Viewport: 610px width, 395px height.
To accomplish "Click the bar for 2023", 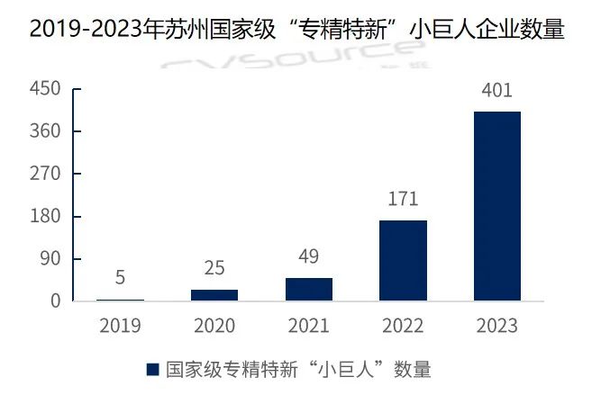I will pyautogui.click(x=496, y=206).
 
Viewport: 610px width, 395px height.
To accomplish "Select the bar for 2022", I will pyautogui.click(x=403, y=260).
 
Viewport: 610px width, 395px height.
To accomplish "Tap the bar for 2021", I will pyautogui.click(x=308, y=289).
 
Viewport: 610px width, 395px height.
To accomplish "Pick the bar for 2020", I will pyautogui.click(x=214, y=294).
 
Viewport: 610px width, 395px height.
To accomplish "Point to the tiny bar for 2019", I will pyautogui.click(x=120, y=299).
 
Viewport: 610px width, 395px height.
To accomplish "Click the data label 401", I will pyautogui.click(x=496, y=90).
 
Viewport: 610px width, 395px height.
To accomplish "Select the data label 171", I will pyautogui.click(x=403, y=199).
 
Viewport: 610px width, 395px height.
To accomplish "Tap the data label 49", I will pyautogui.click(x=308, y=256).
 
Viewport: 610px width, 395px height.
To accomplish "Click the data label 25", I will pyautogui.click(x=214, y=268).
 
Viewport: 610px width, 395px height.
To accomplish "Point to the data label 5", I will pyautogui.click(x=120, y=277).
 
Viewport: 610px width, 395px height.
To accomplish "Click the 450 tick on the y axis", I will pyautogui.click(x=45, y=89).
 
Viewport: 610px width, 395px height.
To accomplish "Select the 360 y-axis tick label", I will pyautogui.click(x=45, y=131).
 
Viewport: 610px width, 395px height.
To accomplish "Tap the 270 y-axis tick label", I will pyautogui.click(x=45, y=174).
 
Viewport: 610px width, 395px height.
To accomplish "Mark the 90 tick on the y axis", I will pyautogui.click(x=49, y=259).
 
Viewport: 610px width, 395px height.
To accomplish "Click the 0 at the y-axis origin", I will pyautogui.click(x=55, y=301).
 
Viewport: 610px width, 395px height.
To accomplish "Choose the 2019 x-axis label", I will pyautogui.click(x=120, y=326).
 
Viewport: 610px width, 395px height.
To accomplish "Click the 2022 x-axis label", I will pyautogui.click(x=403, y=326).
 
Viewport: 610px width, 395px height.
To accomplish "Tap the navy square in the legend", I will pyautogui.click(x=152, y=369).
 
